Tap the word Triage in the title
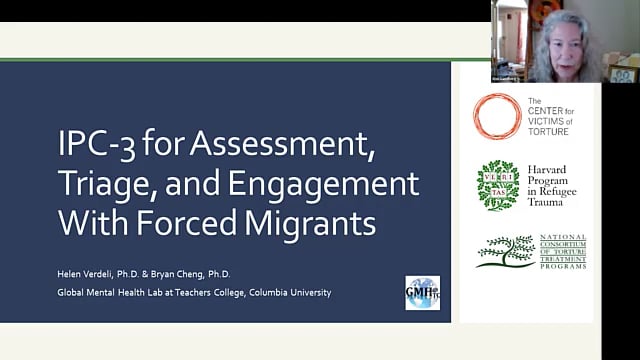click(x=105, y=185)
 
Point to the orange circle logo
click(x=497, y=116)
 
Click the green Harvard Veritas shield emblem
click(x=497, y=185)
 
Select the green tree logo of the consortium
click(x=506, y=251)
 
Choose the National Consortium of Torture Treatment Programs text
click(x=562, y=252)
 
